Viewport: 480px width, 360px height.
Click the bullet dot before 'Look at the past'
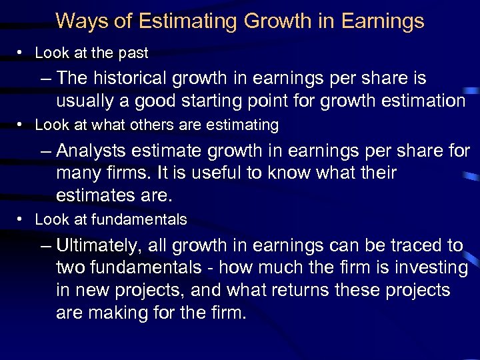23,53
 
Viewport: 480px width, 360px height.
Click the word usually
85,101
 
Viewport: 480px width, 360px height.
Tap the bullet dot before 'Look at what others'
23,125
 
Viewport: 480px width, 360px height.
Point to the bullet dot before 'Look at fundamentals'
23,220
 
